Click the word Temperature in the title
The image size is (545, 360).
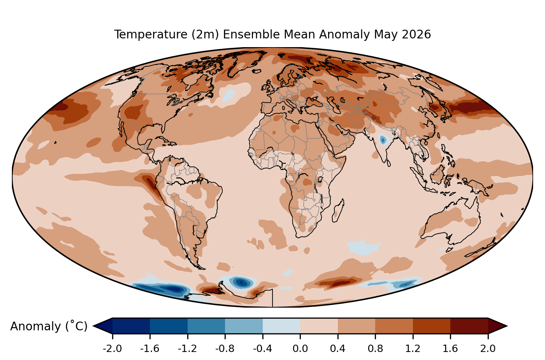pos(151,35)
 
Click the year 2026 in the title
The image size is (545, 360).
pos(416,35)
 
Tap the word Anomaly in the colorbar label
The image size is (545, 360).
pos(36,326)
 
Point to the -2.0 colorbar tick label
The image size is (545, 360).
pos(112,349)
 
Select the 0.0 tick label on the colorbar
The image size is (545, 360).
pos(300,349)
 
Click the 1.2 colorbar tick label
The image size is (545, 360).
pos(413,349)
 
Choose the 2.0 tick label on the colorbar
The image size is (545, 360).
pos(488,349)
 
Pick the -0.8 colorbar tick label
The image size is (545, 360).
pos(225,349)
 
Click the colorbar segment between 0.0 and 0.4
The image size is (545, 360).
pos(319,326)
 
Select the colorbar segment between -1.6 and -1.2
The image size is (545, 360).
pos(169,326)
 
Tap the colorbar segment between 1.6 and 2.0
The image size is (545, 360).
pos(469,326)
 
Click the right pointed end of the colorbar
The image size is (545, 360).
pos(507,326)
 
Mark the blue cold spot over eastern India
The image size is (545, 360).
pos(383,140)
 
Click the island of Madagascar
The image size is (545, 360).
pos(338,211)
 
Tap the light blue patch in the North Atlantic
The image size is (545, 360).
pos(228,96)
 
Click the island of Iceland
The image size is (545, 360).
pos(257,71)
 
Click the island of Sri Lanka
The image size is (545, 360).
pos(388,163)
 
